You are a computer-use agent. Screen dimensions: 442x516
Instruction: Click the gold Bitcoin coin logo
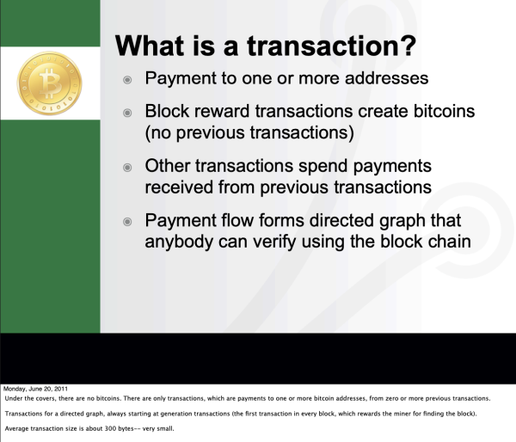[49, 83]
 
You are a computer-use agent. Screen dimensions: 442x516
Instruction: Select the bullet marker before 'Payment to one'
[127, 79]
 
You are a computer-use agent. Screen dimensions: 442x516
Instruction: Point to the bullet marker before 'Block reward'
[127, 114]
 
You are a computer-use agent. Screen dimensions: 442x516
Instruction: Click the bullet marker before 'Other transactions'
[127, 166]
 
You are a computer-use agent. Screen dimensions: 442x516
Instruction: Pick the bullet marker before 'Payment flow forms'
[127, 220]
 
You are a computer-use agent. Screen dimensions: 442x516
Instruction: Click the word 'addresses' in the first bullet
[384, 78]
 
